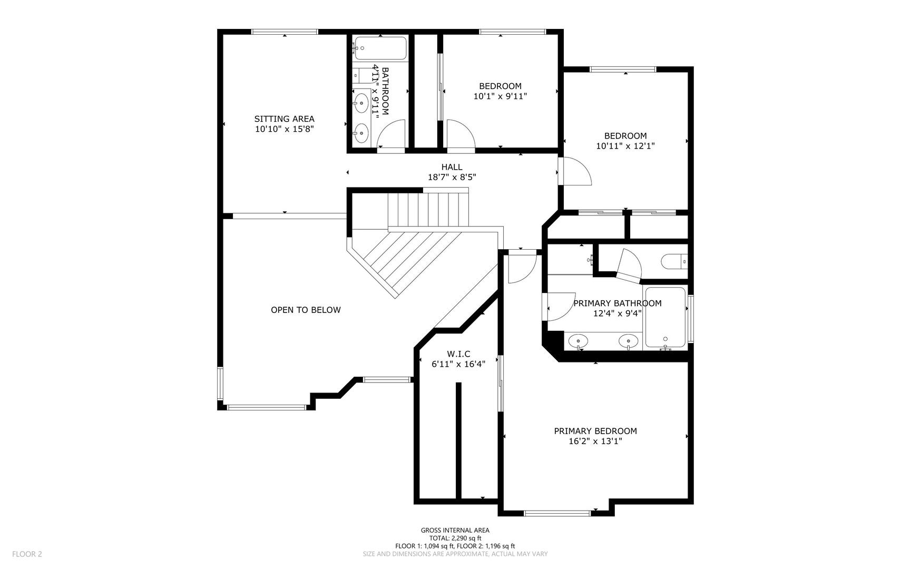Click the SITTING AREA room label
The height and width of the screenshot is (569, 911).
[x=285, y=119]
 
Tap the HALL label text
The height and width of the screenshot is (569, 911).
[x=452, y=167]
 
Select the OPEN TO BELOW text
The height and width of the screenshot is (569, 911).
[x=306, y=310]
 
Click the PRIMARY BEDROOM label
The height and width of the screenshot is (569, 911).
[x=595, y=431]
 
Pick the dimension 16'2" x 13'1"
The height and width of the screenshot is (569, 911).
[x=595, y=442]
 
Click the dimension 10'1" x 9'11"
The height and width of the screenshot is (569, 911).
[x=500, y=96]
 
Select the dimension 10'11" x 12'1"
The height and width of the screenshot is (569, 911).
[x=625, y=146]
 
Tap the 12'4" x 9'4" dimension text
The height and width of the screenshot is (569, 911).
[x=618, y=313]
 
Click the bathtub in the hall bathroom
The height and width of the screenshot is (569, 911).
[x=380, y=48]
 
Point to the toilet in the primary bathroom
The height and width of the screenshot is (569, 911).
[x=674, y=260]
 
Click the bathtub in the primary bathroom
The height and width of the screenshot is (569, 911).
[x=665, y=317]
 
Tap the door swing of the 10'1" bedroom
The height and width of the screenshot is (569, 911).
[x=462, y=134]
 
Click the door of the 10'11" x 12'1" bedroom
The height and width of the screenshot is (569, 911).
[x=575, y=172]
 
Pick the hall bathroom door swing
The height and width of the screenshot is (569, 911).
[x=391, y=134]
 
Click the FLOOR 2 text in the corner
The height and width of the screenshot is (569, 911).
[x=27, y=554]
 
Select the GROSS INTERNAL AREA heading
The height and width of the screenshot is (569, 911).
[x=455, y=531]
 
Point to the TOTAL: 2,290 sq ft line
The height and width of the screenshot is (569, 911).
[x=455, y=538]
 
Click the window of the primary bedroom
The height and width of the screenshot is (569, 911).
[x=557, y=513]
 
